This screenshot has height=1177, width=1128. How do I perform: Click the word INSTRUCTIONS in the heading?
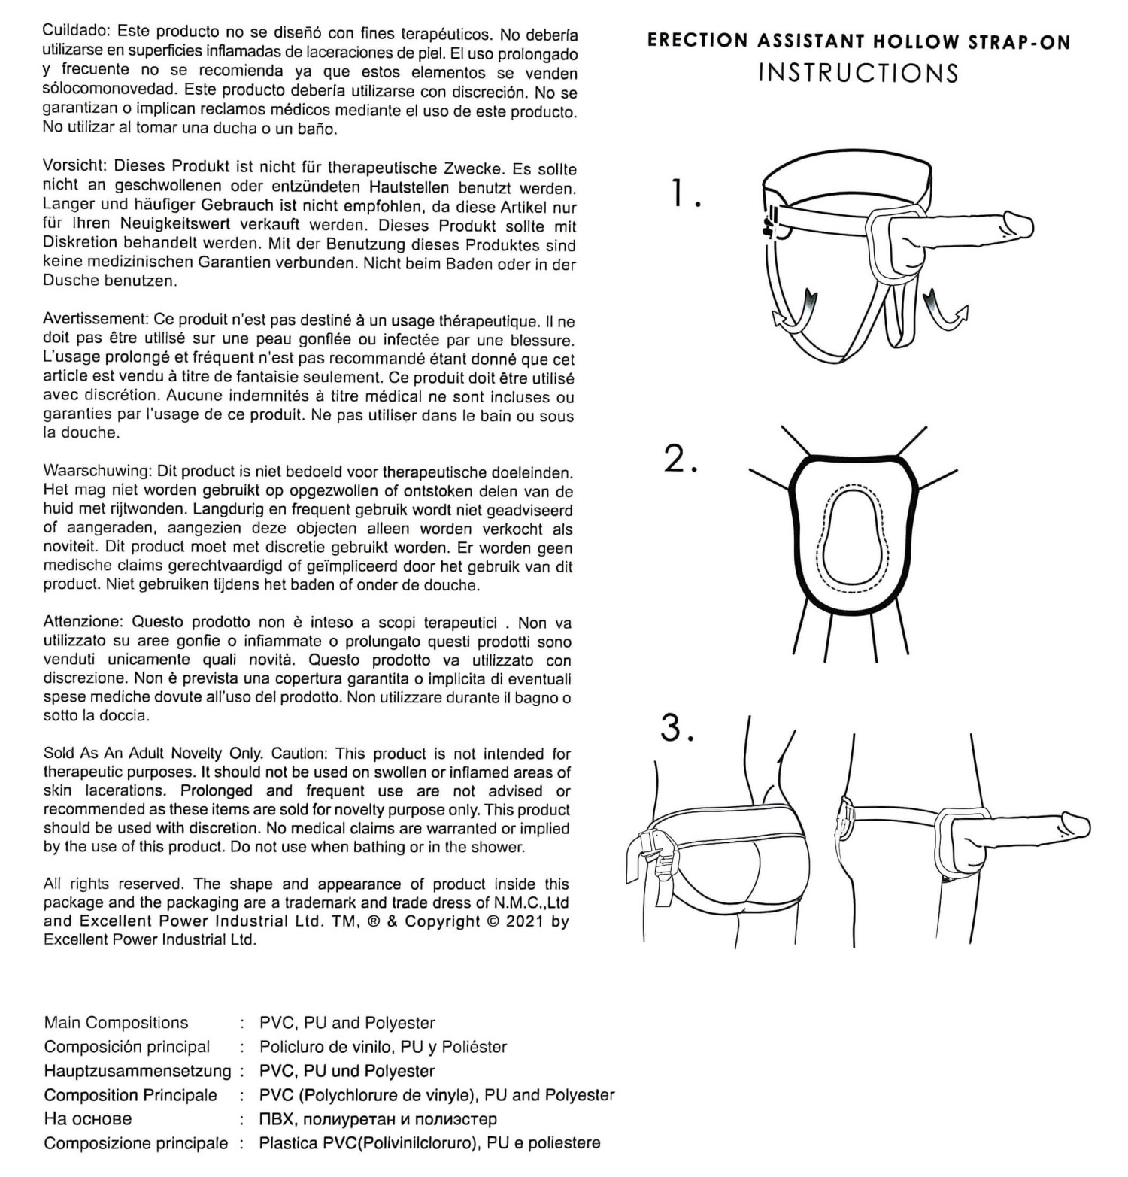tap(858, 73)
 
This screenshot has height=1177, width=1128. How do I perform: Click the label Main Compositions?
tap(116, 1023)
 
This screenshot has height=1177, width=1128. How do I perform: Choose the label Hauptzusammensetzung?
tap(138, 1071)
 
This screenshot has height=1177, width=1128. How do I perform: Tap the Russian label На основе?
tap(87, 1119)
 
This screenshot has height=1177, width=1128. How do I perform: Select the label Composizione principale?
tap(135, 1143)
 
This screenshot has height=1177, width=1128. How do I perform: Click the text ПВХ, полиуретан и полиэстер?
tap(378, 1119)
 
